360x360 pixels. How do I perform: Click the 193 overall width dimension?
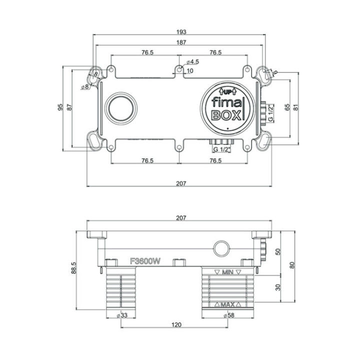point(180,31)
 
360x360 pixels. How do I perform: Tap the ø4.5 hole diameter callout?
point(192,62)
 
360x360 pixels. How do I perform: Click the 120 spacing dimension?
point(176,324)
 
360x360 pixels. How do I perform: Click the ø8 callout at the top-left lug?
point(84,86)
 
